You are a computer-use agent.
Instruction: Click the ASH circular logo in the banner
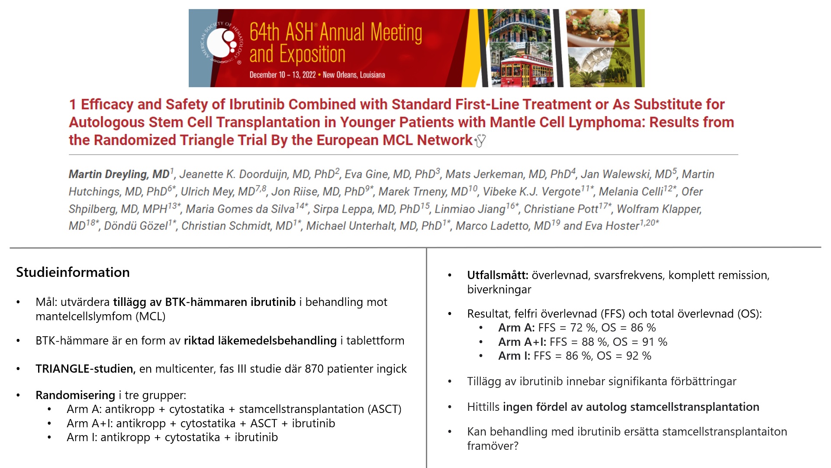pyautogui.click(x=222, y=43)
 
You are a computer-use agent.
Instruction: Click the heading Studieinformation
pyautogui.click(x=73, y=272)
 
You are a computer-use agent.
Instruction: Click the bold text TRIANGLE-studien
pyautogui.click(x=85, y=369)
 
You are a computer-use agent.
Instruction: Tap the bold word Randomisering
pyautogui.click(x=75, y=395)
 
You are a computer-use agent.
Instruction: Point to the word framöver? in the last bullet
pyautogui.click(x=493, y=446)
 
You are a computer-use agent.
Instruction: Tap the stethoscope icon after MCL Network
pyautogui.click(x=480, y=141)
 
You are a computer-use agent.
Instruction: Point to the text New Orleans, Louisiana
pyautogui.click(x=354, y=75)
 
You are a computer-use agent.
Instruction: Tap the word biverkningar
pyautogui.click(x=499, y=289)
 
